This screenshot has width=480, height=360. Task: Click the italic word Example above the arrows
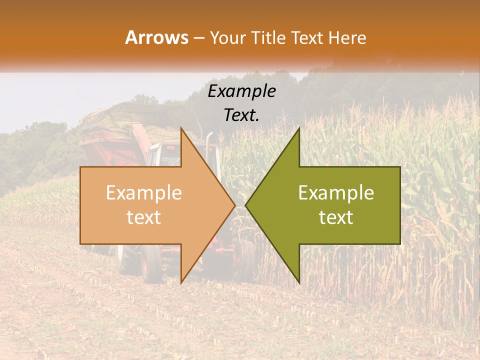tap(242, 91)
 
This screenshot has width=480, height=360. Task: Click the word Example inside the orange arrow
tap(144, 193)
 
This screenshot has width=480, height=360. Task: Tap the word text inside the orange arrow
tap(144, 217)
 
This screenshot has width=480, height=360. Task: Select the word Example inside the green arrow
tap(336, 193)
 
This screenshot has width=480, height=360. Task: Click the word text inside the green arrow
tap(336, 217)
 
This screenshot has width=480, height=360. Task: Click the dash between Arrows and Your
tap(198, 38)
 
